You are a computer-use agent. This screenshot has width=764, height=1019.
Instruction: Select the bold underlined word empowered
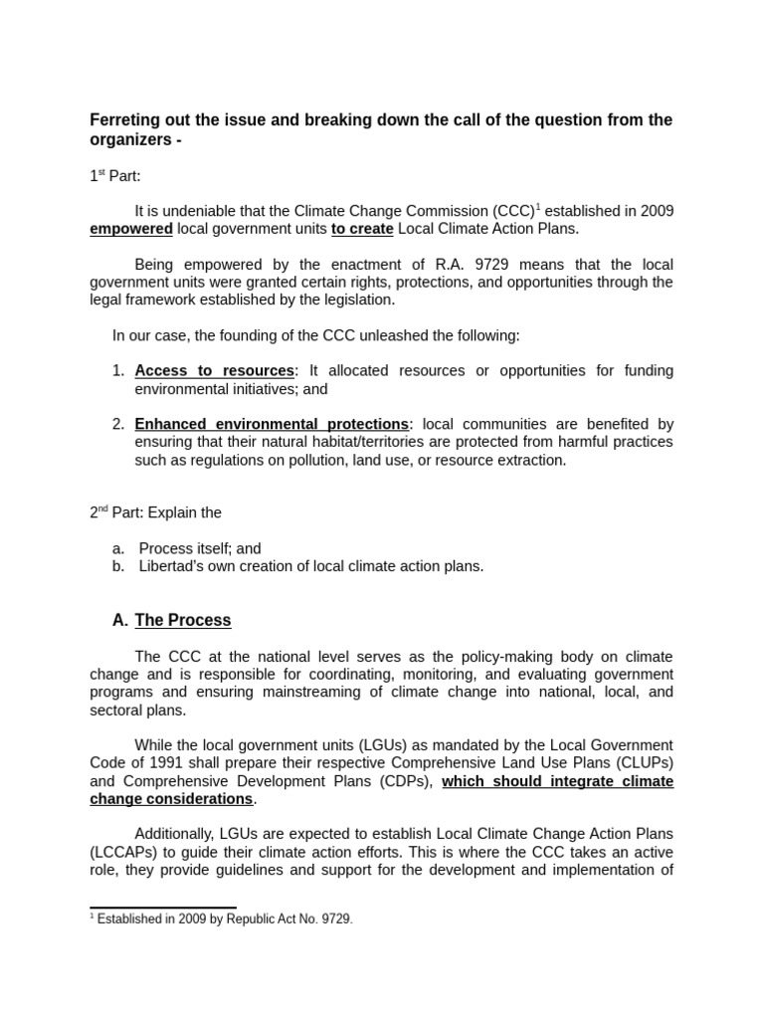tap(131, 229)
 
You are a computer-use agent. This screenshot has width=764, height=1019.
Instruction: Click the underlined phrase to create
tap(362, 229)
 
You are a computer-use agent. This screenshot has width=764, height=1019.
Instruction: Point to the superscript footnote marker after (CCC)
tap(538, 206)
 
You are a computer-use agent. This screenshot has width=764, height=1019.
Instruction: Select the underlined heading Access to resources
tap(215, 371)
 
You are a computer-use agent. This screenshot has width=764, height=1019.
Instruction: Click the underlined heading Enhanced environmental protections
tap(272, 424)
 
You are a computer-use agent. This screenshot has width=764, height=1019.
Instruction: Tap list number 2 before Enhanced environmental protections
tap(118, 424)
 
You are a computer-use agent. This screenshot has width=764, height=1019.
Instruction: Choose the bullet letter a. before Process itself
tap(118, 548)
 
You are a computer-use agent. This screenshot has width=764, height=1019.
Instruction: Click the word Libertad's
tap(174, 566)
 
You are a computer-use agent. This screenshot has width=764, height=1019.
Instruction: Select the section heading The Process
tap(183, 621)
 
